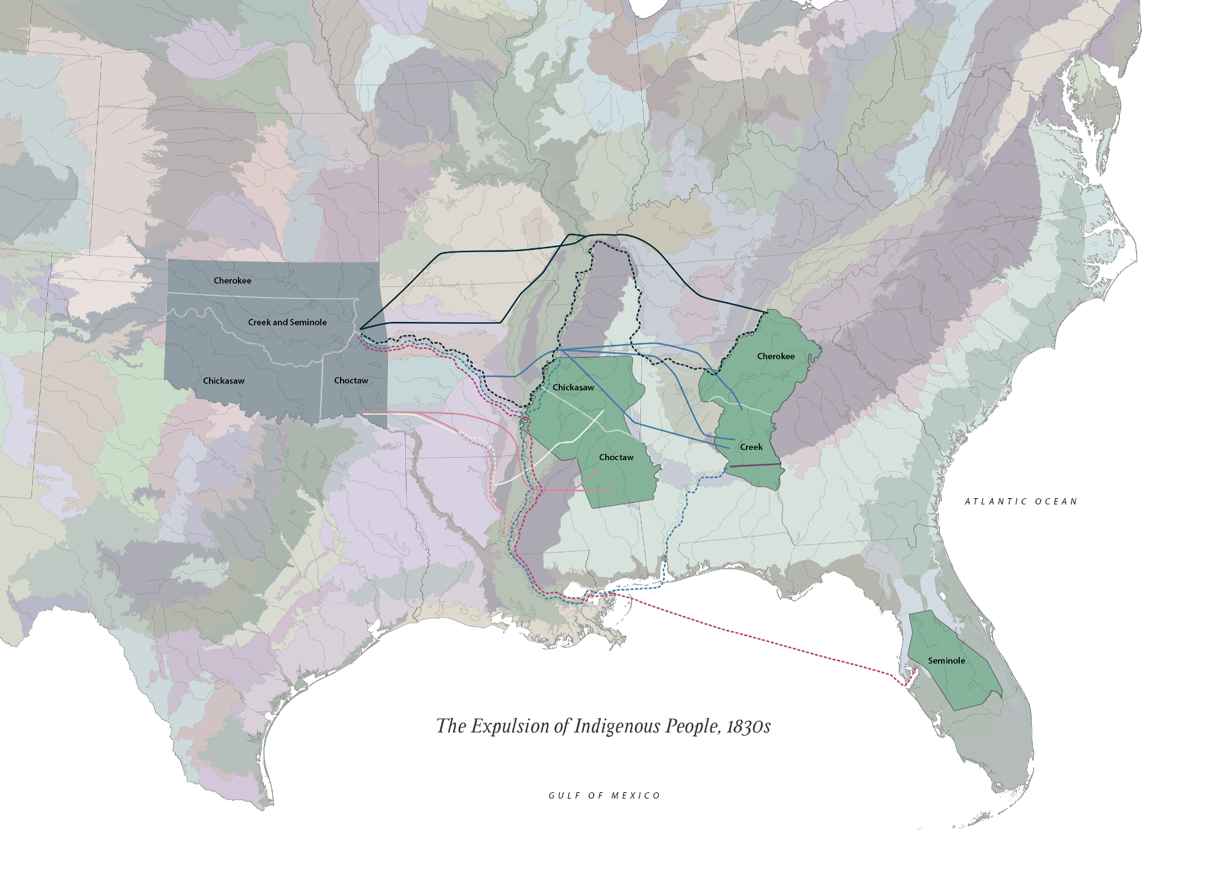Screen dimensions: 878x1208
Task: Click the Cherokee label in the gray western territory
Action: pyautogui.click(x=232, y=281)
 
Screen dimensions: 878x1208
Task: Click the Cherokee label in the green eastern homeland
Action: pyautogui.click(x=776, y=356)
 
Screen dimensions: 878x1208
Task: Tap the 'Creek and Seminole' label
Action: pyautogui.click(x=287, y=322)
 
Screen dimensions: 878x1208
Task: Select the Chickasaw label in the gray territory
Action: pyautogui.click(x=223, y=381)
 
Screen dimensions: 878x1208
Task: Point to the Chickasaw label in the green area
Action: pyautogui.click(x=573, y=388)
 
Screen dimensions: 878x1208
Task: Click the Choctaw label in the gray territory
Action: pyautogui.click(x=351, y=380)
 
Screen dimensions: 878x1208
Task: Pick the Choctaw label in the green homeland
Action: pyautogui.click(x=616, y=458)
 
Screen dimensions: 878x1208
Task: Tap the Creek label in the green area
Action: pyautogui.click(x=751, y=447)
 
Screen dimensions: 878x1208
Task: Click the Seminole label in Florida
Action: pyautogui.click(x=946, y=661)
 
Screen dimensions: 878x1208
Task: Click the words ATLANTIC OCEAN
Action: pyautogui.click(x=1021, y=502)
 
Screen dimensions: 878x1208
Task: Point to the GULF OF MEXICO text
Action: pyautogui.click(x=604, y=796)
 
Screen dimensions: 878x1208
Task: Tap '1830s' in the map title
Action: pyautogui.click(x=748, y=726)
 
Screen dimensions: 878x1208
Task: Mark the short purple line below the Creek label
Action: pyautogui.click(x=755, y=465)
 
